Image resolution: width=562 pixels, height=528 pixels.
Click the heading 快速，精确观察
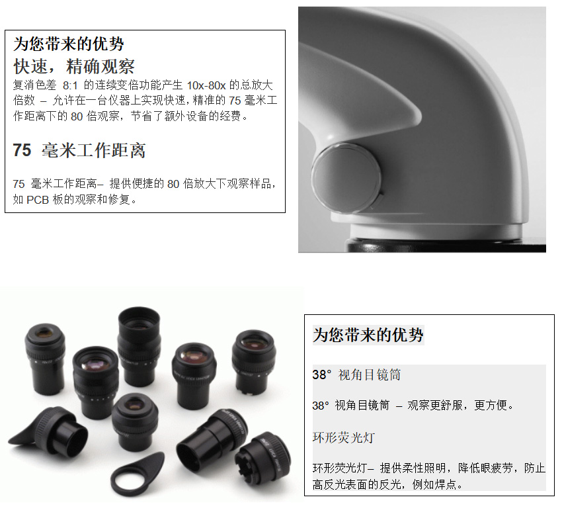[x=74, y=66]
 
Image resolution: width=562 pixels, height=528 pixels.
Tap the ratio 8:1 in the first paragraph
[x=70, y=85]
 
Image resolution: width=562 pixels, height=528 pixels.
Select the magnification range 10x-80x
[x=206, y=85]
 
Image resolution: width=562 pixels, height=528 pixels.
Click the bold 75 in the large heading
[x=22, y=150]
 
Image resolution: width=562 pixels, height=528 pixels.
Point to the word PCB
[x=38, y=199]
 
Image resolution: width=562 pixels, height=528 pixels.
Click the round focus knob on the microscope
[x=346, y=177]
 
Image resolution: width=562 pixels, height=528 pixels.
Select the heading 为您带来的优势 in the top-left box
[x=69, y=44]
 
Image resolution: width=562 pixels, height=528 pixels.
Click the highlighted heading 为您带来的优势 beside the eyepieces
[x=368, y=335]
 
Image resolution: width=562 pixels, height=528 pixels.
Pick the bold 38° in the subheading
[x=321, y=375]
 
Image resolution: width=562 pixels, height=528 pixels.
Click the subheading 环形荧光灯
[x=343, y=437]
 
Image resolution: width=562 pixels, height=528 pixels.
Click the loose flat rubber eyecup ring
[x=138, y=474]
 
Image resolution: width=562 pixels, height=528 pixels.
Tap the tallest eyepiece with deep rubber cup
[x=139, y=346]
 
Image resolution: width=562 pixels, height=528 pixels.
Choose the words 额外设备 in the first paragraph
[x=186, y=116]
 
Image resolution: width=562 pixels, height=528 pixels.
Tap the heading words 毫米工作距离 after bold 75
[x=94, y=150]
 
